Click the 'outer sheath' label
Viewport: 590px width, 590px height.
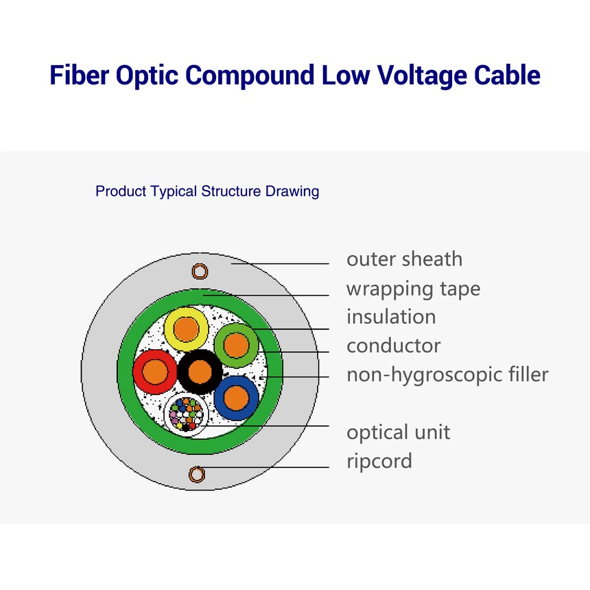coord(405,259)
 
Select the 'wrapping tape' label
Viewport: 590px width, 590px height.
coord(413,290)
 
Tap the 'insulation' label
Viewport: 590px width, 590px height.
coord(391,316)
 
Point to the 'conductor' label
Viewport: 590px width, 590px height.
coord(394,346)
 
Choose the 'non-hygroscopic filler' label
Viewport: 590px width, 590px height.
coord(447,375)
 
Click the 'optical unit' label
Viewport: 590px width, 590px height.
coord(398,432)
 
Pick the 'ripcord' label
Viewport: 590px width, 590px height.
coord(379,461)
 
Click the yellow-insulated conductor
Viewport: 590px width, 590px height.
coord(186,329)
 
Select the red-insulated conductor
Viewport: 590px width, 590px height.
coord(155,371)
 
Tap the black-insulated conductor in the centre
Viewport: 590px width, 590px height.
coord(200,371)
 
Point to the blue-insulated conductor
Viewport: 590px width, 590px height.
coord(236,398)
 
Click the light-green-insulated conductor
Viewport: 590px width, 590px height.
coord(236,345)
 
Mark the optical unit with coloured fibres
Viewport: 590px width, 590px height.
coord(186,414)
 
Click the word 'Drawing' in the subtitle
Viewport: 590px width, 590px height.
coord(292,191)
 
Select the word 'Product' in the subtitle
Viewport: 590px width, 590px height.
coord(121,191)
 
